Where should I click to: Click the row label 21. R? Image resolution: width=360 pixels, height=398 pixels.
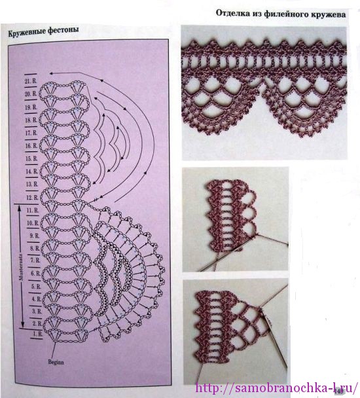tap(29, 79)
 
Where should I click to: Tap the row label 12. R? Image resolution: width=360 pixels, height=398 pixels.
tap(29, 198)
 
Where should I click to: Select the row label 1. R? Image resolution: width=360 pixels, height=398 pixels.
tap(29, 334)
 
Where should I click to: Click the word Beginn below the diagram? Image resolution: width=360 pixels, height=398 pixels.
tap(56, 361)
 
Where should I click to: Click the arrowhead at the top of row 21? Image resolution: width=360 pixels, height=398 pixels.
tap(52, 69)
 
